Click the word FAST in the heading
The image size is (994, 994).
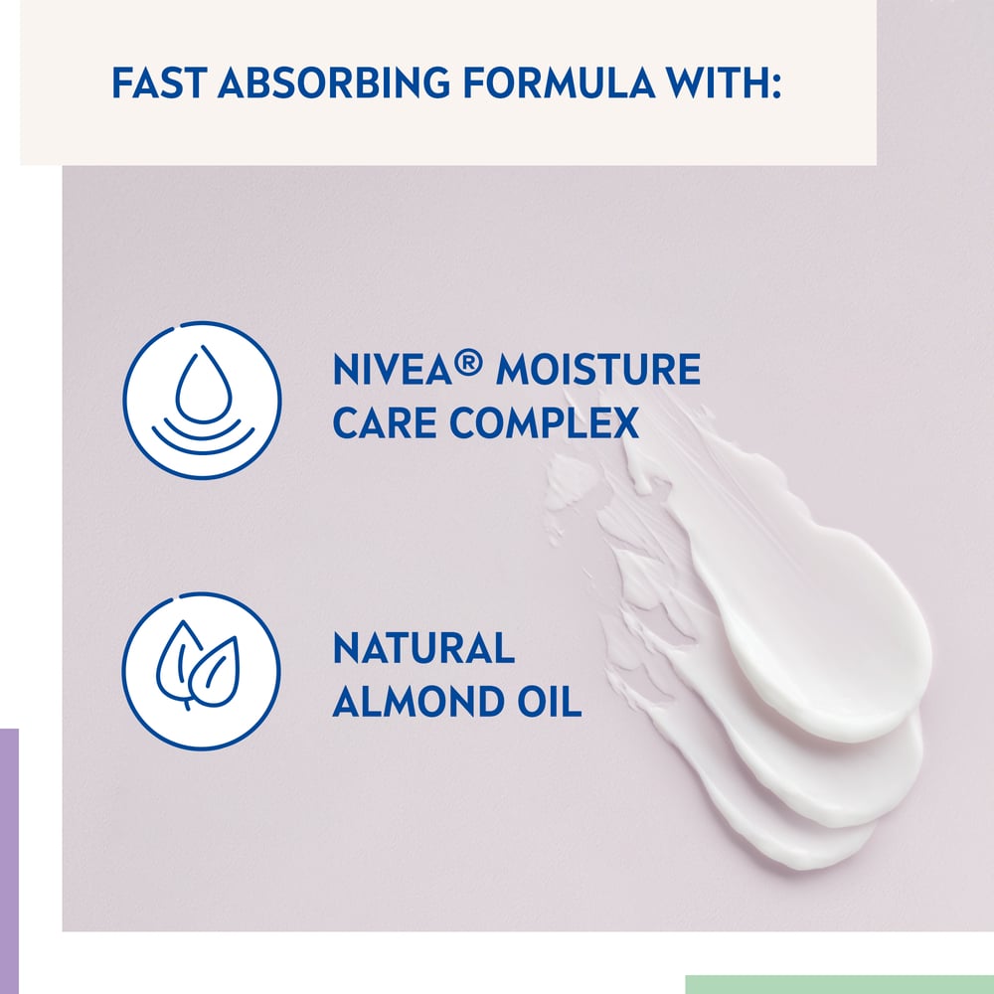[159, 83]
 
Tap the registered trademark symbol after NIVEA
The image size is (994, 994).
[470, 363]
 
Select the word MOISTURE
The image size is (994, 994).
[597, 371]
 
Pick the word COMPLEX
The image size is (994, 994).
[544, 423]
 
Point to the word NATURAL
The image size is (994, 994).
[423, 649]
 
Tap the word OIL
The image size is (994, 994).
[550, 702]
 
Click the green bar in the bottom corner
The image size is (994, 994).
[839, 984]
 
